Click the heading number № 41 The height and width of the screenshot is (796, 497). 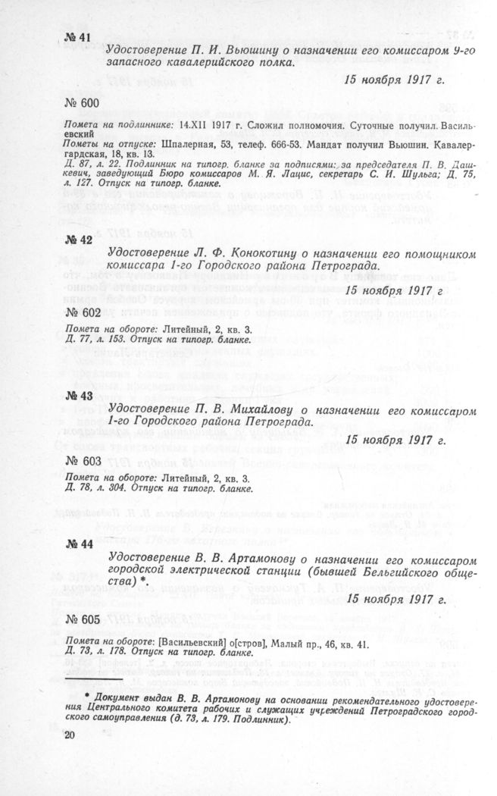[x=79, y=39]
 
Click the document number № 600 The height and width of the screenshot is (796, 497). [x=82, y=102]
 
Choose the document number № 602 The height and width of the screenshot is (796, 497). [x=82, y=313]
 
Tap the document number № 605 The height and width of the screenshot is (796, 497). [x=82, y=620]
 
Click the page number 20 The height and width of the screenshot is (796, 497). [x=70, y=735]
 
